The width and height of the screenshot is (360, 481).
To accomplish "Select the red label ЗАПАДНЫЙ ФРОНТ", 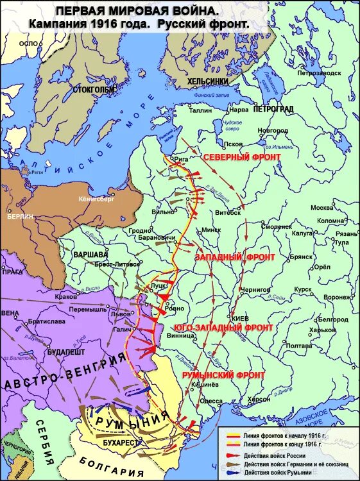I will [x=235, y=257].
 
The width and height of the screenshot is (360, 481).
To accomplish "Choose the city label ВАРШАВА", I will [x=91, y=254].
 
